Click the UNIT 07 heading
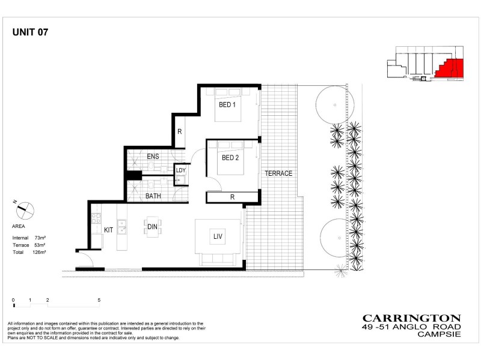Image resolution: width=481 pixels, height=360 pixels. click(x=30, y=34)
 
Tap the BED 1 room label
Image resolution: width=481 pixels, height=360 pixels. click(x=227, y=105)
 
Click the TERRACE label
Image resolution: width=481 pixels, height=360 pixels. click(x=278, y=173)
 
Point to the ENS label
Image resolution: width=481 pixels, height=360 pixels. click(x=153, y=157)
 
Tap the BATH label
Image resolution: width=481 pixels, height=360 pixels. click(x=153, y=196)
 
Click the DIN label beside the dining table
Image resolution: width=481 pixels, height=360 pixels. click(x=152, y=226)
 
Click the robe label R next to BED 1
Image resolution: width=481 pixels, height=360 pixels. click(x=179, y=133)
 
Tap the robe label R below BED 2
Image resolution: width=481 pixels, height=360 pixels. click(x=232, y=196)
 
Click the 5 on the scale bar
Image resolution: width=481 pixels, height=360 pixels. click(x=99, y=299)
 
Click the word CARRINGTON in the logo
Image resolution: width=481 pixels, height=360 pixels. click(x=412, y=319)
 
